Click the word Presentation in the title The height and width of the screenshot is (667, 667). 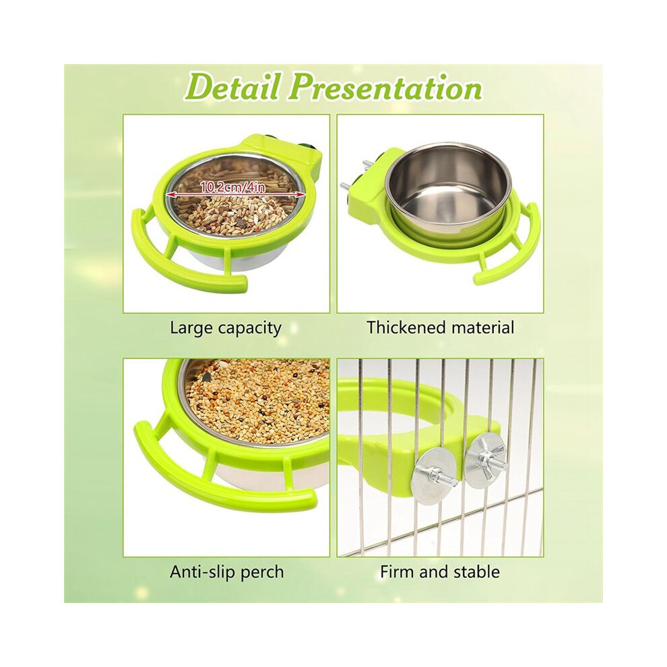tap(387, 89)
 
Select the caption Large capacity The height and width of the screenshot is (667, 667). tap(226, 328)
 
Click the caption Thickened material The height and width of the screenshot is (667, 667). tap(440, 327)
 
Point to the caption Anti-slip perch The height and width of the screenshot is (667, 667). tap(227, 572)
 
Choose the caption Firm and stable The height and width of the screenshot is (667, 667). tap(440, 572)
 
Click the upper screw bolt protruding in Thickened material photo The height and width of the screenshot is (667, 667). tap(365, 164)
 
